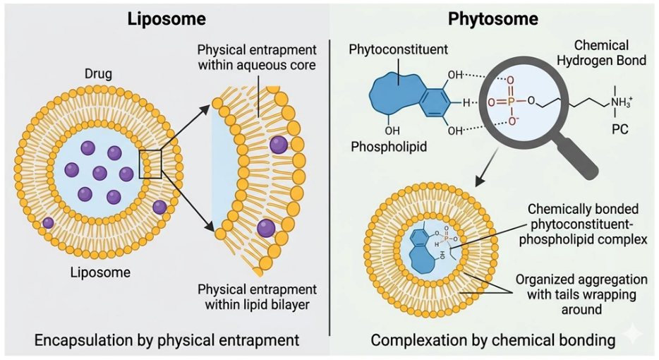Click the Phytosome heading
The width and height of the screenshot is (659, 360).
(x=493, y=18)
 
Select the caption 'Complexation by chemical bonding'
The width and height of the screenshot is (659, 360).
(x=493, y=340)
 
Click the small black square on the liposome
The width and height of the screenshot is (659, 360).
(x=152, y=163)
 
